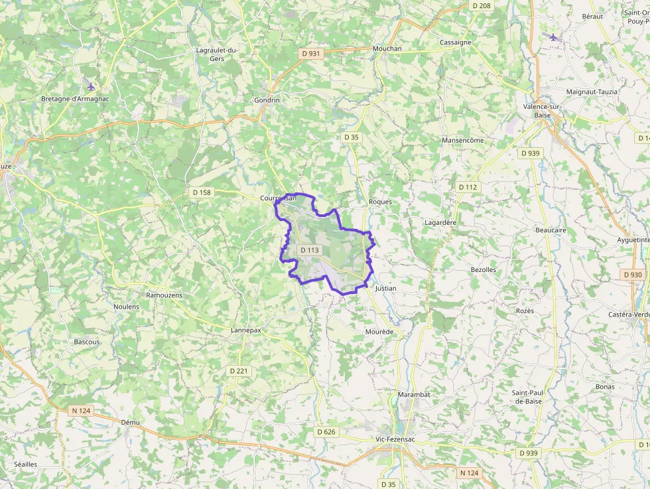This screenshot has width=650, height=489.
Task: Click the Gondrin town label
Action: coord(267,100)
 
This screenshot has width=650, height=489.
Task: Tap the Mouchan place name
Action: coord(387,48)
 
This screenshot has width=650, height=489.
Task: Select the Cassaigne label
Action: coord(456,42)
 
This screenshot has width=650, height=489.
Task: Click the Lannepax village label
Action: coord(245,330)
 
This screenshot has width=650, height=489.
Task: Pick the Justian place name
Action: coord(385,289)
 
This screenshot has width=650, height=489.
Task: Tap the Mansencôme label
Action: coord(463,141)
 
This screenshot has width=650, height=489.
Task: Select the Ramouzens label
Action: coord(164,295)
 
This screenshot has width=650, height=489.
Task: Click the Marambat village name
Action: coord(414,395)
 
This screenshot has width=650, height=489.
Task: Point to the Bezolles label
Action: coord(483,270)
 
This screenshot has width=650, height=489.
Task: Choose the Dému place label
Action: coord(131,422)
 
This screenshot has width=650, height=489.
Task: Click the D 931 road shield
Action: coord(310,54)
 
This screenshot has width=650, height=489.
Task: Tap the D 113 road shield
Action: coord(310,250)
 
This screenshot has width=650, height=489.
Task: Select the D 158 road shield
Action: coord(201,192)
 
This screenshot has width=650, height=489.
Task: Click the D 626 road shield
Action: coord(326,432)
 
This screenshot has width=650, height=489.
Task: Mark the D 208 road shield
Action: coord(482,5)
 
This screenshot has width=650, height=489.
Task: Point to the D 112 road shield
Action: coord(468,187)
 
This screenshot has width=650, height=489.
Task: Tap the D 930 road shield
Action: coord(633,274)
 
